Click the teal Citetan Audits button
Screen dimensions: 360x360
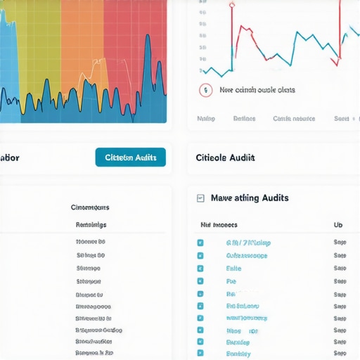(130, 157)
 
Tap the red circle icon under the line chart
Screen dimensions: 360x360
(205, 90)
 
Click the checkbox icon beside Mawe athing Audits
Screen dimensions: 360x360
(200, 199)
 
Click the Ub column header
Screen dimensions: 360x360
(337, 225)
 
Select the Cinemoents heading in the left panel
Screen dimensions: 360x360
(90, 207)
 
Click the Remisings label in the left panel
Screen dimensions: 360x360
(91, 225)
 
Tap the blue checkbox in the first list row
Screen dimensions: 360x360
(200, 243)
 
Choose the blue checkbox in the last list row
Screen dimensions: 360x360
(200, 353)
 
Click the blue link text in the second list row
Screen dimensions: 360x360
(246, 256)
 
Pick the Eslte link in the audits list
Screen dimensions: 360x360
(233, 269)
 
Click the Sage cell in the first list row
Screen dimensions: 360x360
(340, 243)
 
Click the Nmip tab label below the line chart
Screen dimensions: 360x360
(206, 119)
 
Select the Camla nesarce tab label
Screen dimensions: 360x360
(294, 119)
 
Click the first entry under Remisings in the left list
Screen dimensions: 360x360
(91, 241)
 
